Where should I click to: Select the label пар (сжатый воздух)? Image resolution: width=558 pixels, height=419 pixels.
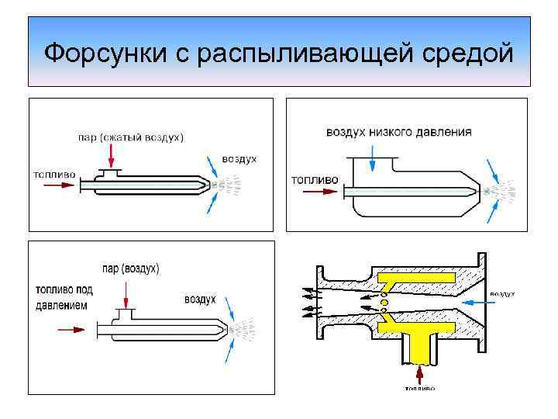coord(131,138)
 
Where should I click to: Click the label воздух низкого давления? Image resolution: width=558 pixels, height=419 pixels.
coord(398,132)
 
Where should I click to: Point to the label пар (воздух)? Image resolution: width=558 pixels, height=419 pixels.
coord(129,268)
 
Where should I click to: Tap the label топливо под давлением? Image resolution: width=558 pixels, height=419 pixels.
coord(64,297)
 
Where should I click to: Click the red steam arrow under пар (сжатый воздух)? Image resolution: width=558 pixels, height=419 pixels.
coord(112,158)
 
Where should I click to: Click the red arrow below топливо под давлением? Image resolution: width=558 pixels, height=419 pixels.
coord(71,330)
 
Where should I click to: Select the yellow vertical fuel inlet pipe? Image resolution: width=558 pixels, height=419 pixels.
coord(419,348)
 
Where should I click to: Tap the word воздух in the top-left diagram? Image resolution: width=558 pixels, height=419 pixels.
coord(239,159)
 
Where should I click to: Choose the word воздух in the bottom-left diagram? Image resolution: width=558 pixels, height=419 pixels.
coord(200,299)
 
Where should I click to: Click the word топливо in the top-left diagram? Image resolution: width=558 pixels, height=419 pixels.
coord(54,175)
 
